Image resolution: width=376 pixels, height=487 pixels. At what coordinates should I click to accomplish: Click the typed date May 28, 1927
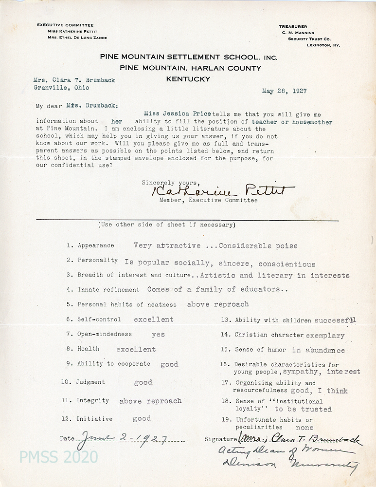(284, 91)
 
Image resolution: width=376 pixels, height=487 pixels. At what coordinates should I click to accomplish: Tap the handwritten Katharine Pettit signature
(218, 191)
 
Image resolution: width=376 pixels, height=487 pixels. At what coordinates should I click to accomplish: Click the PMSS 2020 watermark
(58, 457)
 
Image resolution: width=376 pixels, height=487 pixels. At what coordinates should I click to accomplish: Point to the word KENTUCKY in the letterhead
(188, 79)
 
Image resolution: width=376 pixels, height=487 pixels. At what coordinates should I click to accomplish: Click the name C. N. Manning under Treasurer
(299, 33)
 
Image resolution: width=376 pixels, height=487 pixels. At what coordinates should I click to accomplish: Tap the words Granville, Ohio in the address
(61, 88)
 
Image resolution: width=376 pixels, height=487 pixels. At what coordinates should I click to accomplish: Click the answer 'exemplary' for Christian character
(325, 335)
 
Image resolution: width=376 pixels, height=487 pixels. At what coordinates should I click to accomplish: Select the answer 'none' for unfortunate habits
(304, 427)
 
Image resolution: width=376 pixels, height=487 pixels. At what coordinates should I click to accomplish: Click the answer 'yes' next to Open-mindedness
(158, 335)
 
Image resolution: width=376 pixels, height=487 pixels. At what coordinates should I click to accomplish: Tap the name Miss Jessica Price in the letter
(177, 113)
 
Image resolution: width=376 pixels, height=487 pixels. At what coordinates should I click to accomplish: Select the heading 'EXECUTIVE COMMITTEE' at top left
(65, 25)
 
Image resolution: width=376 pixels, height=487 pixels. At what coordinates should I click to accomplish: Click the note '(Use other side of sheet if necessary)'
(167, 225)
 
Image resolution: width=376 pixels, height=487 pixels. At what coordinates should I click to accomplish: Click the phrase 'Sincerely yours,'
(165, 183)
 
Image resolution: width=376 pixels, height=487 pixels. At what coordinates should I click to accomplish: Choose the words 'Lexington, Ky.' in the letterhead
(323, 45)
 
